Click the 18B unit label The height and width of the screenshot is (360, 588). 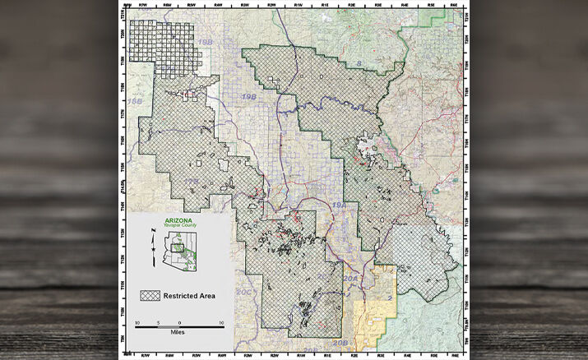(x=135, y=101)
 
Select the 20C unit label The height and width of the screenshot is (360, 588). (x=243, y=292)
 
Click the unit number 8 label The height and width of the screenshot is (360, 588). (x=359, y=62)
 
